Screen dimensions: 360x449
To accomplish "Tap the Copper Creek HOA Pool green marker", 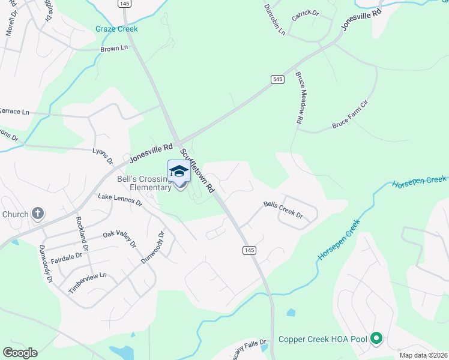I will (376, 339).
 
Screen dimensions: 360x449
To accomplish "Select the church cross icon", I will (37, 214).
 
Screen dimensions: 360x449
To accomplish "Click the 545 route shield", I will (277, 80).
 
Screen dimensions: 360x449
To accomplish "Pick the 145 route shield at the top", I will (124, 3).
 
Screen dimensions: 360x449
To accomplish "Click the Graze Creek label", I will (116, 29).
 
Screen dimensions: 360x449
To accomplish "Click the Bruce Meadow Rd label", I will (298, 98).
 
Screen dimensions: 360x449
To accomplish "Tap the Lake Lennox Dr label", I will (120, 200).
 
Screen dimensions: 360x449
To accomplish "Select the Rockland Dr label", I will (82, 235).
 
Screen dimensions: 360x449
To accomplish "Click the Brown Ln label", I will (114, 49).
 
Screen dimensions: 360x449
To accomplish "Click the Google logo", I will (20, 353).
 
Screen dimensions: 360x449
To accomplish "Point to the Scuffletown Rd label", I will (197, 171).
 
